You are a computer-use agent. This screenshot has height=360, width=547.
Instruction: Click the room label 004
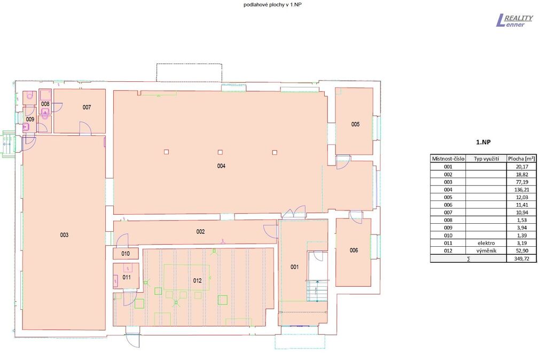[221, 166]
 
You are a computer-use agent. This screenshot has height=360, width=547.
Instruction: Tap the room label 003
[64, 235]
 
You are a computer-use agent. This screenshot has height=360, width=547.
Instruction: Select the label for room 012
[198, 280]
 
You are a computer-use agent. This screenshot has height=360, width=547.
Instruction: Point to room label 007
[87, 107]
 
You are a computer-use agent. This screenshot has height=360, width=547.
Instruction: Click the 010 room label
[126, 254]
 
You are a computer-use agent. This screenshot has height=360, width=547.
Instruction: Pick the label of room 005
[355, 124]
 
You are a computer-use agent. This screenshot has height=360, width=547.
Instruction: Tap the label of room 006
[354, 250]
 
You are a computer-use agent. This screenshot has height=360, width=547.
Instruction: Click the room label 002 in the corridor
[201, 232]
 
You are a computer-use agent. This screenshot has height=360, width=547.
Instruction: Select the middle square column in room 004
[220, 152]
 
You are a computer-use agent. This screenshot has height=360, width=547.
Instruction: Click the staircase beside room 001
[317, 291]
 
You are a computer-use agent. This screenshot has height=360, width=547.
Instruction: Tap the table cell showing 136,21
[521, 190]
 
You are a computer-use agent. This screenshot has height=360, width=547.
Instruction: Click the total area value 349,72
[521, 259]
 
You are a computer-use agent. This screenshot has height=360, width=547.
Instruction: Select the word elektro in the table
[486, 243]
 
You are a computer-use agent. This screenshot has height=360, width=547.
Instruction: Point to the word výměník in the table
[486, 251]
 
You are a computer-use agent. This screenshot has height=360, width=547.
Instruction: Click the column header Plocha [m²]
[521, 159]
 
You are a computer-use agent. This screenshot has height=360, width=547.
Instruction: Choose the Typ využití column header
[486, 159]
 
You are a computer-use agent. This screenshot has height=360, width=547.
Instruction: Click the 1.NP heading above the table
[483, 142]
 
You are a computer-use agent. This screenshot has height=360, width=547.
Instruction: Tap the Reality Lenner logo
[514, 21]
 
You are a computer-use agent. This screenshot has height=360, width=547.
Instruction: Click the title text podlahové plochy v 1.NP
[270, 4]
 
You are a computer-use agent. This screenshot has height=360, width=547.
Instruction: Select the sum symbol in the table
[468, 259]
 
